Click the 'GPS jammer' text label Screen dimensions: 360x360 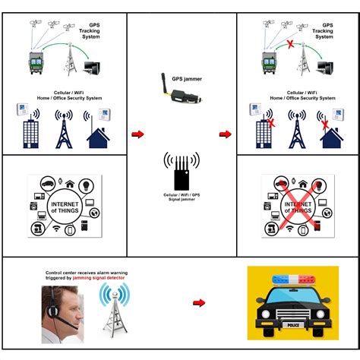[187, 79]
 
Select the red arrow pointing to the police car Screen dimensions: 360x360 [199, 302]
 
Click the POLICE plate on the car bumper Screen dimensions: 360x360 [293, 325]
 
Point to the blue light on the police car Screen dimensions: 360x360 [280, 279]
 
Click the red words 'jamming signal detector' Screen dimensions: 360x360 [99, 278]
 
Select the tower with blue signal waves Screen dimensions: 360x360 [115, 311]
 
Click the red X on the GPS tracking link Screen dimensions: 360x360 [291, 45]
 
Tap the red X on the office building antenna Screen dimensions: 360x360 [271, 124]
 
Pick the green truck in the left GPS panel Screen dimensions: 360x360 [36, 63]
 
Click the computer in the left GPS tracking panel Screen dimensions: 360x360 [92, 68]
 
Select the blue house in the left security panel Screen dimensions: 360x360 [98, 138]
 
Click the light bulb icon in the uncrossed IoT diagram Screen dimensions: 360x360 [86, 185]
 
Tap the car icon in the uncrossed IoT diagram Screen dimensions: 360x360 [48, 184]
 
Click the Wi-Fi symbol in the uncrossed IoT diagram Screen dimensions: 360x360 [56, 229]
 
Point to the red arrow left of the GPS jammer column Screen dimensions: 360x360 [137, 134]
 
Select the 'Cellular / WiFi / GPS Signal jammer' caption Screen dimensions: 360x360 [182, 197]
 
